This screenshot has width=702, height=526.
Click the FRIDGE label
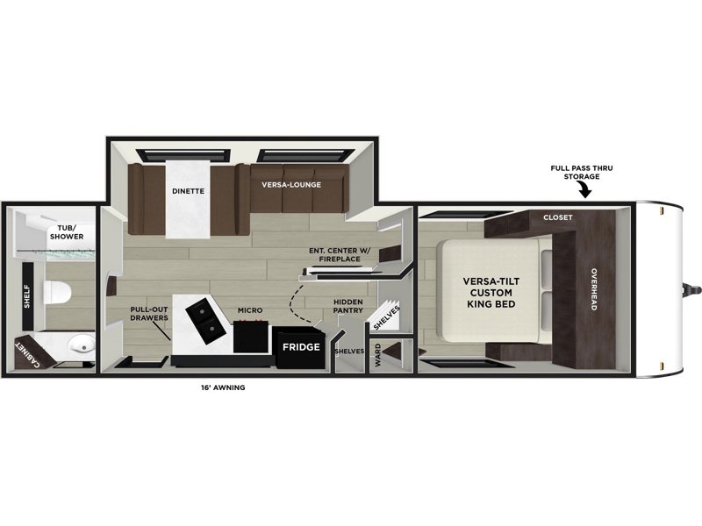[301, 346]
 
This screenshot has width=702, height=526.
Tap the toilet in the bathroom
[58, 293]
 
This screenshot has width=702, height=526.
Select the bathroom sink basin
[82, 345]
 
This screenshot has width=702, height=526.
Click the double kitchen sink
[206, 320]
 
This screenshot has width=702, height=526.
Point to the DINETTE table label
[188, 191]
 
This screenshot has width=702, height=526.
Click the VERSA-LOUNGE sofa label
[291, 185]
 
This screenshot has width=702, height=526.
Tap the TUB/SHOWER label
[67, 232]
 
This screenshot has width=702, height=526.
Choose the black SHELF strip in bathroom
[27, 295]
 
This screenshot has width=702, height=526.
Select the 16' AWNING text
[223, 387]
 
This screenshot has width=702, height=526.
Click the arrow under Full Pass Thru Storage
[584, 191]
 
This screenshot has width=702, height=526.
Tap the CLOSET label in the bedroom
[558, 217]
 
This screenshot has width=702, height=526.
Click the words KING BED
[491, 304]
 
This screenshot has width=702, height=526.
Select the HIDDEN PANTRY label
[347, 306]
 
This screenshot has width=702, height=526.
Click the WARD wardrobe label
[378, 355]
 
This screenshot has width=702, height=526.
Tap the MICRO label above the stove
[250, 310]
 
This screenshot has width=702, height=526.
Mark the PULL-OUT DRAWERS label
[149, 314]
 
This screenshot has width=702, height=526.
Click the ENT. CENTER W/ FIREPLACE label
[340, 254]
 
